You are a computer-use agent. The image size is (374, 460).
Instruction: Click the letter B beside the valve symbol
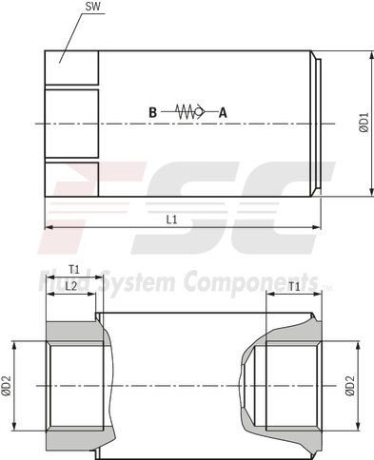tap(152, 112)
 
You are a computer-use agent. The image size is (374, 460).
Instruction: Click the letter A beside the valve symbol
tap(224, 112)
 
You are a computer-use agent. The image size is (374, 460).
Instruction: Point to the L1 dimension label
tap(171, 220)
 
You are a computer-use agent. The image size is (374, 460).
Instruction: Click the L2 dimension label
tap(70, 286)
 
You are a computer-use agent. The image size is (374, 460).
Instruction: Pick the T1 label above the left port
tap(73, 269)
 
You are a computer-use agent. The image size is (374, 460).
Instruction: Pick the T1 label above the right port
tap(294, 285)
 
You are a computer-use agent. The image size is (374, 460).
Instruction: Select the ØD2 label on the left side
tap(7, 386)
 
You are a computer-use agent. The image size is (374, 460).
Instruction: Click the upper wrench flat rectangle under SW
tap(71, 67)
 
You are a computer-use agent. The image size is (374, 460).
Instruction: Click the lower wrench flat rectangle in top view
tap(71, 179)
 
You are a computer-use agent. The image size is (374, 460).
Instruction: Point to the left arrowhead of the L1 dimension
tap(49, 227)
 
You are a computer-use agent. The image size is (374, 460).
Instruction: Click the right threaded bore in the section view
tap(290, 385)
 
